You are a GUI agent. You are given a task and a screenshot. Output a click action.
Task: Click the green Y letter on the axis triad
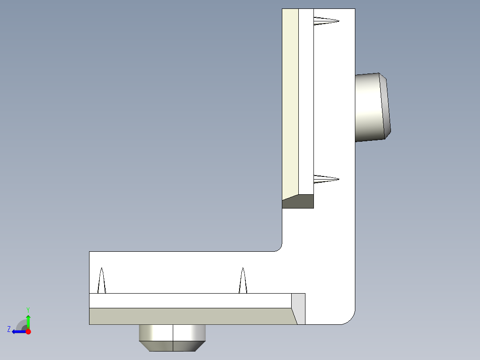pos(28,309)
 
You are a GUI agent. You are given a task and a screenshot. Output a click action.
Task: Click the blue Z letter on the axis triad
pos(9,329)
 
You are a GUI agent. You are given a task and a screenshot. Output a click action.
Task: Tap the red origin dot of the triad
pos(28,331)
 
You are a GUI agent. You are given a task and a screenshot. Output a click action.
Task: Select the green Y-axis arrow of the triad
pos(28,321)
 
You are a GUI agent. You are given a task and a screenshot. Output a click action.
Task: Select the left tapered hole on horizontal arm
pos(102,281)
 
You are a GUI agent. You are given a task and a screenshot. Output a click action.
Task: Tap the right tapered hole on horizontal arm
pos(243,281)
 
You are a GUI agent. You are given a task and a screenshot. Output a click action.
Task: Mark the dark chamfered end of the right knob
pos(386,107)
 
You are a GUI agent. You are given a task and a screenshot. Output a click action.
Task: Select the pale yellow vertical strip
pos(290,102)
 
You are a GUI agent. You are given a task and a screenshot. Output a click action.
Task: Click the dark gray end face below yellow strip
pos(297,202)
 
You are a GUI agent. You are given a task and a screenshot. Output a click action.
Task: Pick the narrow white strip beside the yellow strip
pos(306,102)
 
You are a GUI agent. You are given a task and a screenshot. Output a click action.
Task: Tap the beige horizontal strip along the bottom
pos(191,316)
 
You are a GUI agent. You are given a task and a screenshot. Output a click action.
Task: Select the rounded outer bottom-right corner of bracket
pos(350,319)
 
